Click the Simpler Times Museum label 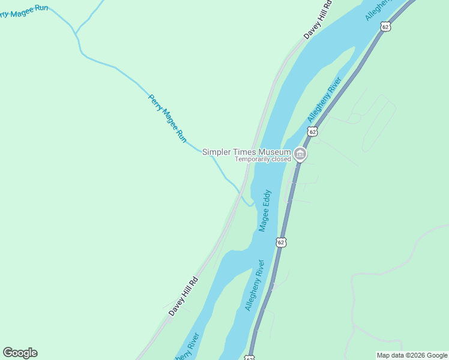(x=246, y=152)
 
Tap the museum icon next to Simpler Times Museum (x=300, y=155)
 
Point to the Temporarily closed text (x=262, y=160)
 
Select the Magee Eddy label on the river (x=265, y=211)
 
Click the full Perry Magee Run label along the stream (x=167, y=118)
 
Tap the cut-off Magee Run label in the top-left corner (x=23, y=11)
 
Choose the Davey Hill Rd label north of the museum (x=318, y=20)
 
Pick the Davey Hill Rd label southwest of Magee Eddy (x=183, y=296)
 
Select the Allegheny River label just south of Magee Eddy (x=255, y=285)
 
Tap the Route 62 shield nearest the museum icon (x=312, y=131)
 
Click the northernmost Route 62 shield (x=385, y=27)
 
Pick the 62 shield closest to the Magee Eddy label (x=281, y=242)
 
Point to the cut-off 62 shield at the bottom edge (x=250, y=358)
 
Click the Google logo (x=20, y=353)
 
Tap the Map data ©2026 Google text (x=412, y=355)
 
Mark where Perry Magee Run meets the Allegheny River (x=251, y=206)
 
